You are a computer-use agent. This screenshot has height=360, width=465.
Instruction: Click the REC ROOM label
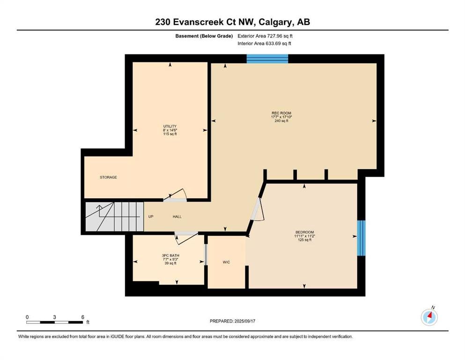click(x=281, y=113)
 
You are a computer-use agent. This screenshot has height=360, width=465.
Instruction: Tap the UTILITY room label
click(x=170, y=126)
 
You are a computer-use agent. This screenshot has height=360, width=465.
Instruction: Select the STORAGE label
click(x=108, y=177)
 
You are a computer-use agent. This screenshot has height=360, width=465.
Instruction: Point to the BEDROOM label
click(x=304, y=232)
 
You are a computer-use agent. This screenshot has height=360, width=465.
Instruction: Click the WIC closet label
click(x=226, y=262)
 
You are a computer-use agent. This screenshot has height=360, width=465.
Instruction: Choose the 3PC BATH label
click(x=170, y=255)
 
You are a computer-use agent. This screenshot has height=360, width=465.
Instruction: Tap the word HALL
click(x=177, y=217)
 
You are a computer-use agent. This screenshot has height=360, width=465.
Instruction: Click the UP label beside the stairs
click(x=151, y=217)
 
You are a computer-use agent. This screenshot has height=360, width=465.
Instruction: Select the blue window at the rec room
click(x=267, y=59)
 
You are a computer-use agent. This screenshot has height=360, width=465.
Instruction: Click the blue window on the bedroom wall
click(x=361, y=238)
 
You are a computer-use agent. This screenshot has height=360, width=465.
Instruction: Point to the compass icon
click(x=429, y=317)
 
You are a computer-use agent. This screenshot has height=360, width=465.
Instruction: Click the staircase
click(x=114, y=217)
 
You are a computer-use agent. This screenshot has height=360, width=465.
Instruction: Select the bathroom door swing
click(x=185, y=238)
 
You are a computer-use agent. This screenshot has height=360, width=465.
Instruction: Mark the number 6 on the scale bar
click(x=83, y=317)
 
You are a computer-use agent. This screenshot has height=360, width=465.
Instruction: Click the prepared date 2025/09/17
click(x=244, y=321)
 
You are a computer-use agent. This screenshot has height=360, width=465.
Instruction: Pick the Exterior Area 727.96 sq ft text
click(x=265, y=36)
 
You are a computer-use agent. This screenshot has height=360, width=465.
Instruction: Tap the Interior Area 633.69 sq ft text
click(x=264, y=43)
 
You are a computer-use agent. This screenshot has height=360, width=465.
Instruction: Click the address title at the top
click(x=232, y=22)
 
